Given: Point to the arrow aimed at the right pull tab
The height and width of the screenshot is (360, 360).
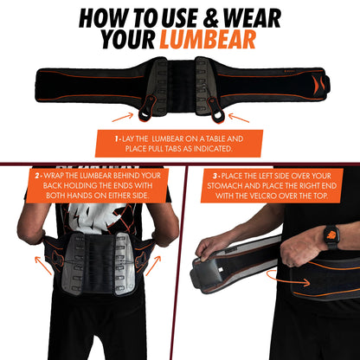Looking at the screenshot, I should [x=239, y=114].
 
